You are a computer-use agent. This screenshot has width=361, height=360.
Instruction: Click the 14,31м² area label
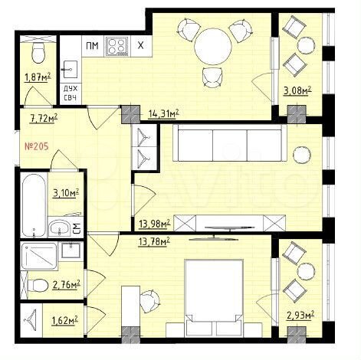(x=162, y=114)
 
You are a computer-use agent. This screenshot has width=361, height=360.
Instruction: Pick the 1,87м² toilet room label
(x=38, y=77)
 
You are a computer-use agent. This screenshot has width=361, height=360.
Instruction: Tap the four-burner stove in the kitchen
(x=117, y=47)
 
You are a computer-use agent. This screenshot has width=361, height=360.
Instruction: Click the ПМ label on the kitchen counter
(x=91, y=47)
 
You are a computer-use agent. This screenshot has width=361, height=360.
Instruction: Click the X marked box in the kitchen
(x=139, y=47)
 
